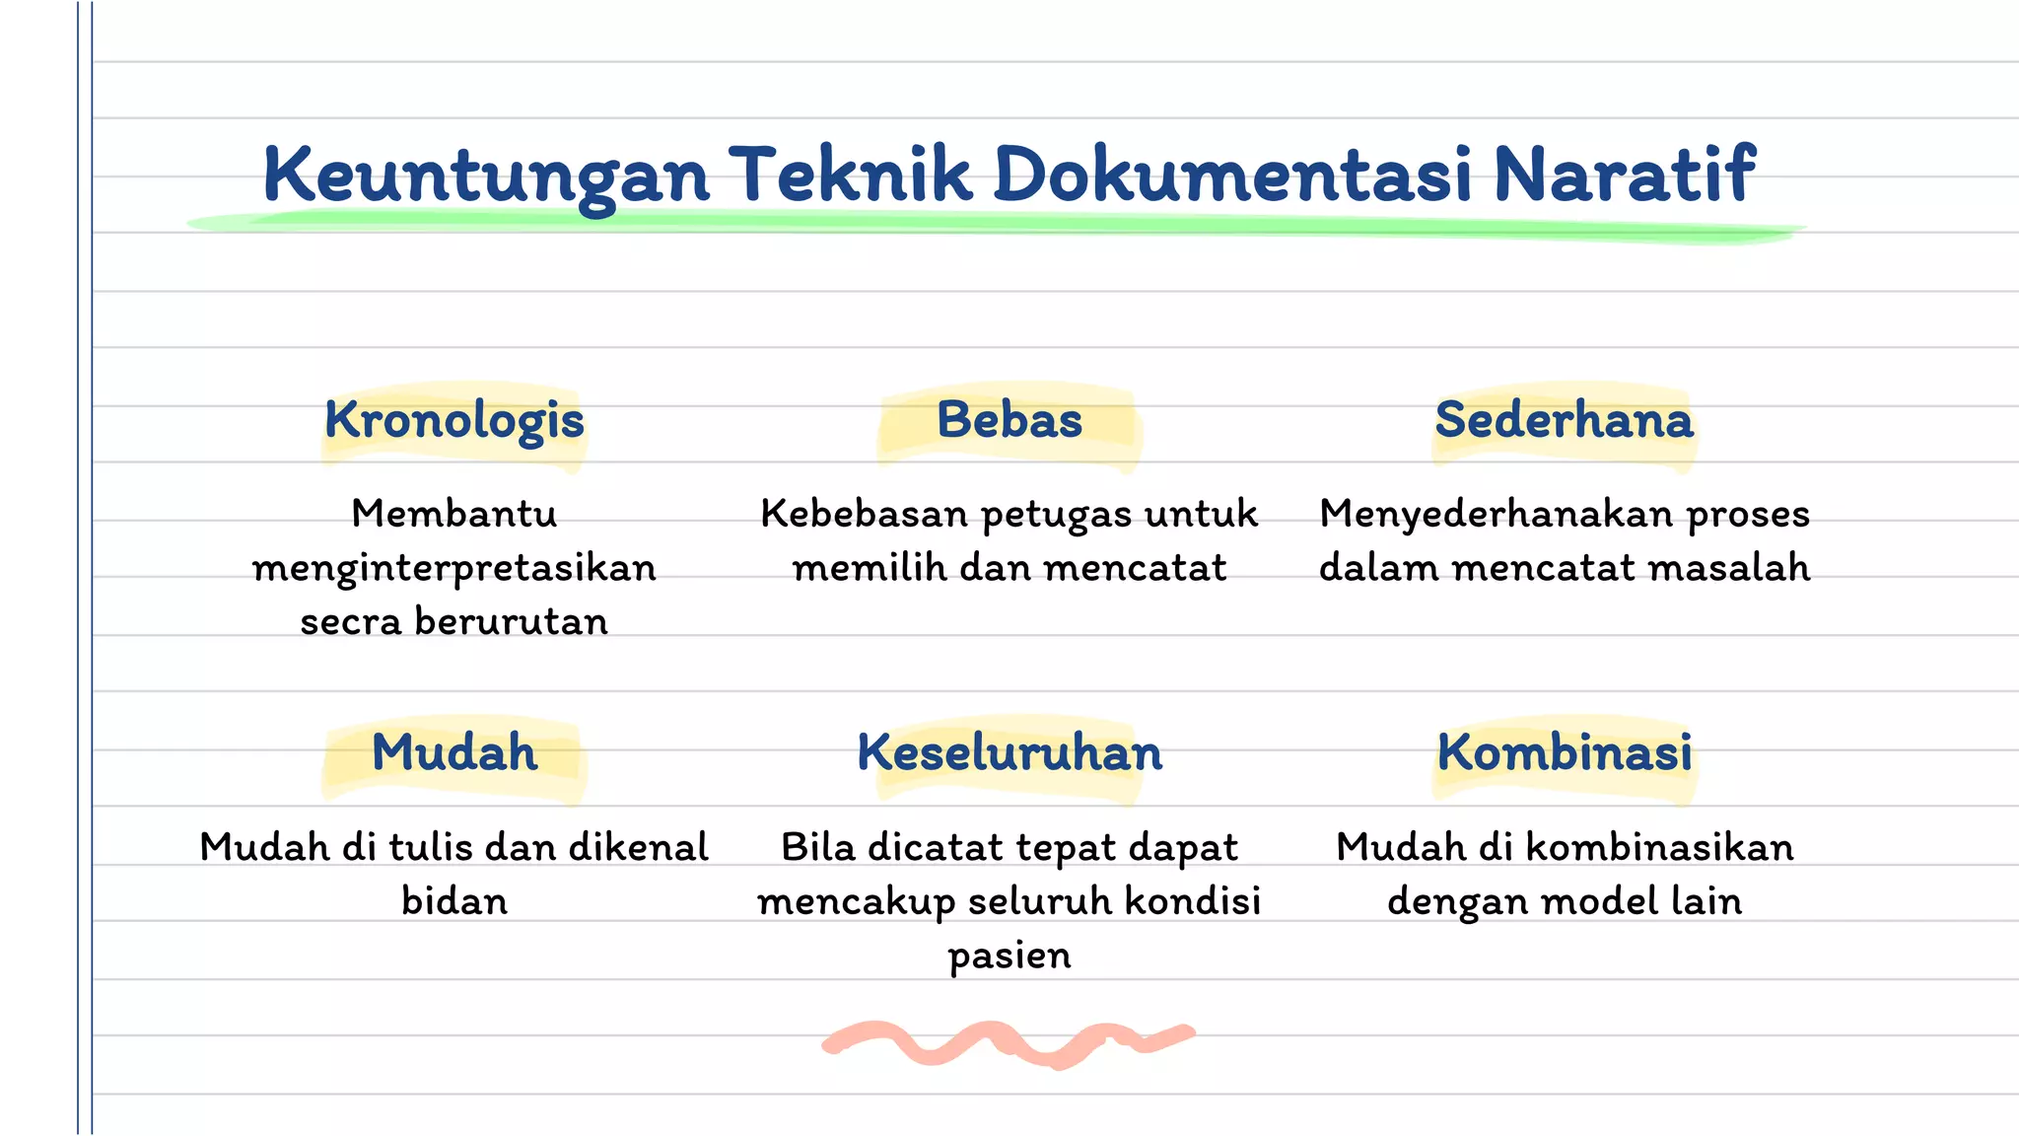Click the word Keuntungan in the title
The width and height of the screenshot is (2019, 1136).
486,176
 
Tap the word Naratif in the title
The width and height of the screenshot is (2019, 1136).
1624,176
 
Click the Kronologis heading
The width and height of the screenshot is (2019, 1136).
454,421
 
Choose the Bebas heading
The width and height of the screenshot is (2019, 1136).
1009,420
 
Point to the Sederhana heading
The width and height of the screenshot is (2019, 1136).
1564,420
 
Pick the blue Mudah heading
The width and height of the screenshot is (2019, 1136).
454,753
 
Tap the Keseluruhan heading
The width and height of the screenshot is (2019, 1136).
1009,753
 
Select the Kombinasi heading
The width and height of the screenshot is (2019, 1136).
1565,753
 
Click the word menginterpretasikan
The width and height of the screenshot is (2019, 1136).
454,569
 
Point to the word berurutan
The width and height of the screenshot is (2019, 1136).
512,622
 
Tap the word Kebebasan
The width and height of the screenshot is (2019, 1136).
864,515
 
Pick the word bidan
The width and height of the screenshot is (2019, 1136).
454,901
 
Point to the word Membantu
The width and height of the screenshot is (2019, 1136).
454,515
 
